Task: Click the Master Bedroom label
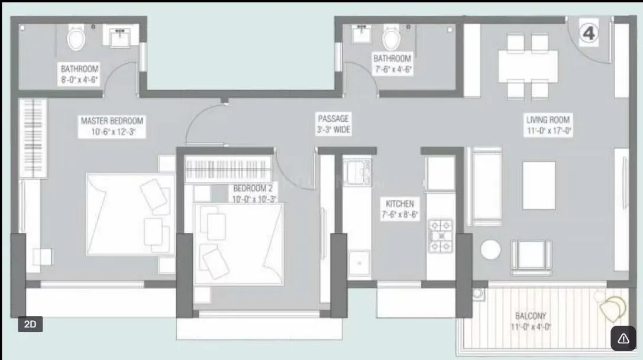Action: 112,126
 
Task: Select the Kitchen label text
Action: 400,209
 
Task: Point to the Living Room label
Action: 548,126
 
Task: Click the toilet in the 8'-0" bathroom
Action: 76,38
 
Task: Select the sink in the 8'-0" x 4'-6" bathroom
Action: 122,36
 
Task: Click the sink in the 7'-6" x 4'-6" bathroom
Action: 360,34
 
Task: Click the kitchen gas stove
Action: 440,236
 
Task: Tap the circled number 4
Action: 589,33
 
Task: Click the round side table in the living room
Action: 490,250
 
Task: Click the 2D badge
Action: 30,324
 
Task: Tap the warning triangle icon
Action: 623,338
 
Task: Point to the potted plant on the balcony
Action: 613,307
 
